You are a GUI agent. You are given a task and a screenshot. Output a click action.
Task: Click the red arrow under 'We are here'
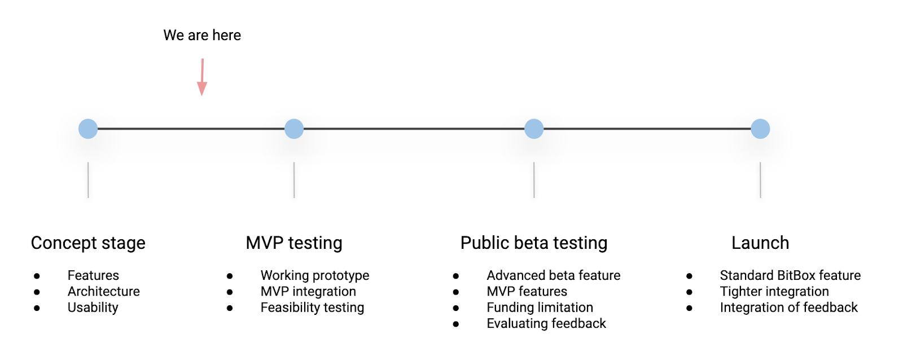202,77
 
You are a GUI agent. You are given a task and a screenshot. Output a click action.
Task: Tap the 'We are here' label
202,35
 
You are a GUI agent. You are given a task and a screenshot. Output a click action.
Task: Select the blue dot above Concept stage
88,129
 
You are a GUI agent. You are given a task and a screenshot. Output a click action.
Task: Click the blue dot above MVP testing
294,129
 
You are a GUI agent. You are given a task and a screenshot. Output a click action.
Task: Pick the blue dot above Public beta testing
534,129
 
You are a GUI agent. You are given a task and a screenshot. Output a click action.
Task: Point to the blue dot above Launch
760,129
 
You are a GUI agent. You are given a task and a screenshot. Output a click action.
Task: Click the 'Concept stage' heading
88,243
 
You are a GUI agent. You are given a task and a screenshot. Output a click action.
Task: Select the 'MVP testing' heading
294,243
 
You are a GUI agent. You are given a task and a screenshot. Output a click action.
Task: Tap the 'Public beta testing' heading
534,243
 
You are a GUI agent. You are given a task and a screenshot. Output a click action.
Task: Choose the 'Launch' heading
760,243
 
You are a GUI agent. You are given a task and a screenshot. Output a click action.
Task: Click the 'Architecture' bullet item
104,291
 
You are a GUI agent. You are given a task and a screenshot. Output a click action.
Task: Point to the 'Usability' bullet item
93,307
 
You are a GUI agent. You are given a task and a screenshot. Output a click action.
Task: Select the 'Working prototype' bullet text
315,275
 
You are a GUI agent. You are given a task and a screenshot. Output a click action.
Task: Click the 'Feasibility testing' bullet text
312,307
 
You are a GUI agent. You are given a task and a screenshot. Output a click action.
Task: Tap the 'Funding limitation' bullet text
540,307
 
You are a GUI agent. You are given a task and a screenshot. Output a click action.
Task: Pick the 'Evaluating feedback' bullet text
546,323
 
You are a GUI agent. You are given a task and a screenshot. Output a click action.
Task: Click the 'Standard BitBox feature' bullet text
790,275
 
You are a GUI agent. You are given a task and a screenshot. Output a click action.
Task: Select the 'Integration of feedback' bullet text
788,307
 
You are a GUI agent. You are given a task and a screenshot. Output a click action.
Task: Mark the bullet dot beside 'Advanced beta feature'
455,276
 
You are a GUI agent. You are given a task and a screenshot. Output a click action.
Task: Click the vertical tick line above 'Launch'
760,180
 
